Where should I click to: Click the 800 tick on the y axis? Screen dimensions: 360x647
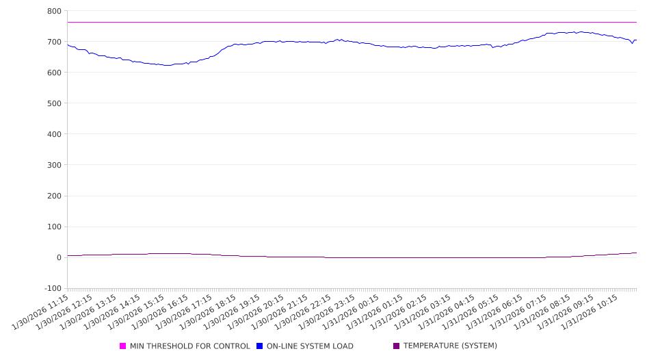click(x=54, y=12)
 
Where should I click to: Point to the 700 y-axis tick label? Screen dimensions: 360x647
click(x=54, y=42)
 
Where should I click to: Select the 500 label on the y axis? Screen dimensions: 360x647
click(x=54, y=104)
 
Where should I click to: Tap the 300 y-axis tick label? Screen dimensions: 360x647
click(x=54, y=166)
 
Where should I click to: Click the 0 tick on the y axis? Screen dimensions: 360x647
click(x=58, y=258)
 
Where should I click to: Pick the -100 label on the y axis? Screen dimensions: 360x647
click(x=52, y=289)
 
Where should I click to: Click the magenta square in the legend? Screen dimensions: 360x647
click(x=123, y=346)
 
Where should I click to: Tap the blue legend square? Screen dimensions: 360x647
click(x=260, y=346)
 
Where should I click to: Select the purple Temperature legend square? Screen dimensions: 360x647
click(x=397, y=346)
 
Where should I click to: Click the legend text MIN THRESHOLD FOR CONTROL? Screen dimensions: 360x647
click(x=189, y=346)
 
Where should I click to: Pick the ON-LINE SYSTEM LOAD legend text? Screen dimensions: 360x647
click(x=310, y=346)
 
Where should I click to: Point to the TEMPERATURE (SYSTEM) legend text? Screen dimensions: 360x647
click(x=450, y=346)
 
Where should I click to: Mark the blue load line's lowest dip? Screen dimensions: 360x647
click(x=166, y=66)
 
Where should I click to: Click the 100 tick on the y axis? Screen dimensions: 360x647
click(x=54, y=227)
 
